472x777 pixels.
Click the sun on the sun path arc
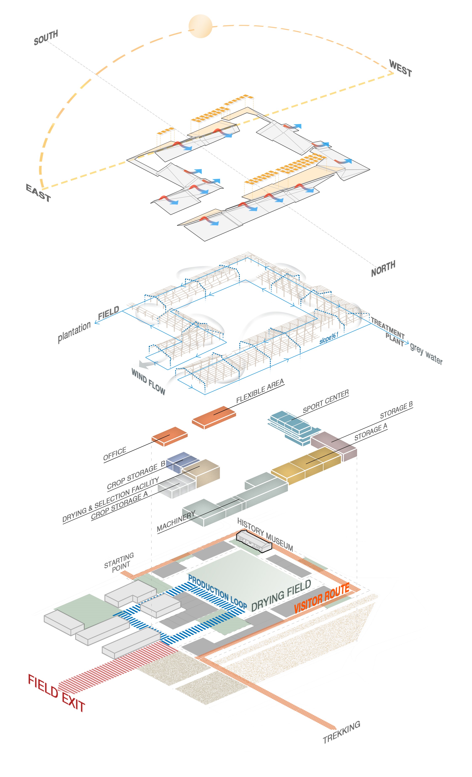click(x=200, y=26)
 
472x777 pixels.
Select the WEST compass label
click(x=400, y=68)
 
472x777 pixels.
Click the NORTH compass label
click(x=383, y=268)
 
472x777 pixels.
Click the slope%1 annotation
click(x=329, y=338)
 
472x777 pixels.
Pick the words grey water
click(x=426, y=354)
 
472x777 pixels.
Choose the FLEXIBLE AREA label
click(x=260, y=391)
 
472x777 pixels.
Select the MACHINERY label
click(x=176, y=521)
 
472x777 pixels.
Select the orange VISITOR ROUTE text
click(x=321, y=598)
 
